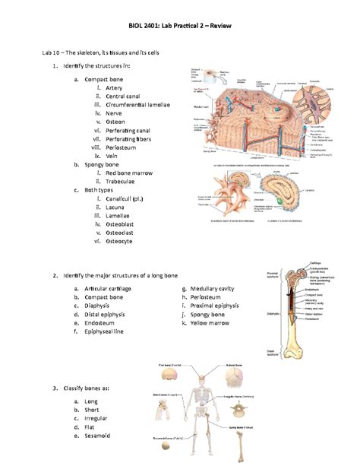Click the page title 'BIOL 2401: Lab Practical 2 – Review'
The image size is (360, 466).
coord(180,27)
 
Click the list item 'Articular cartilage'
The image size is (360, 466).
coord(107,289)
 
